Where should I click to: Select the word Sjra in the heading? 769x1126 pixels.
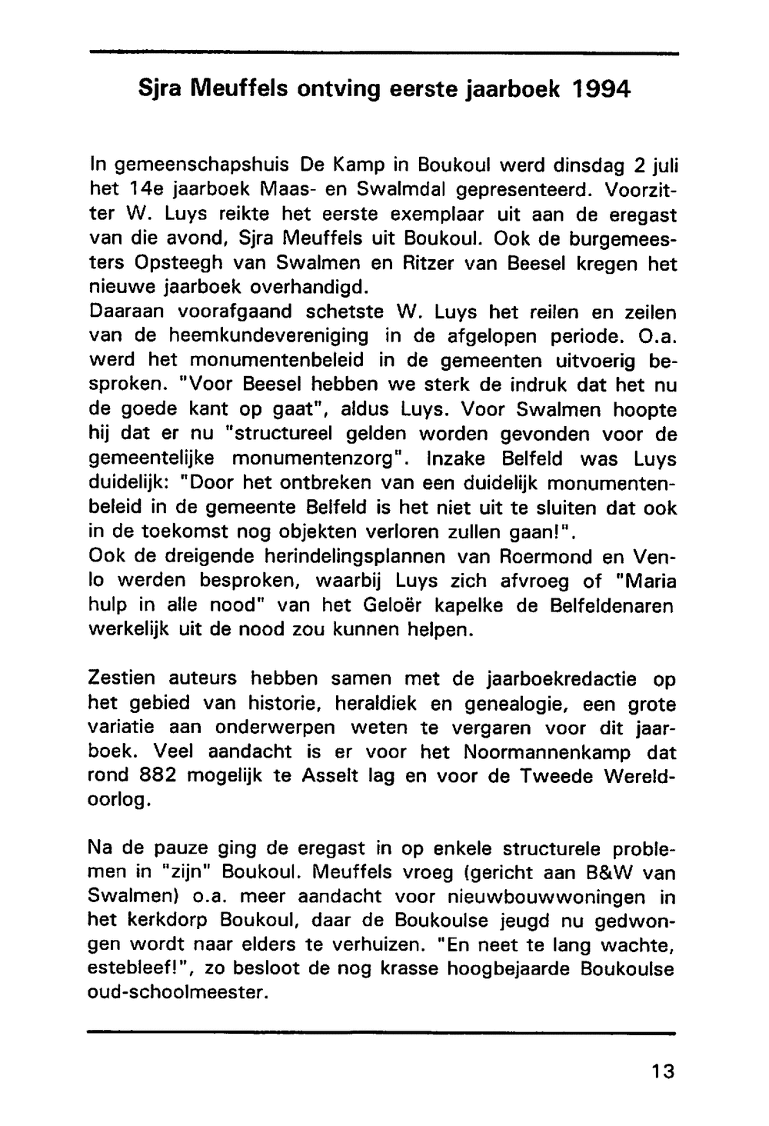point(158,89)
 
